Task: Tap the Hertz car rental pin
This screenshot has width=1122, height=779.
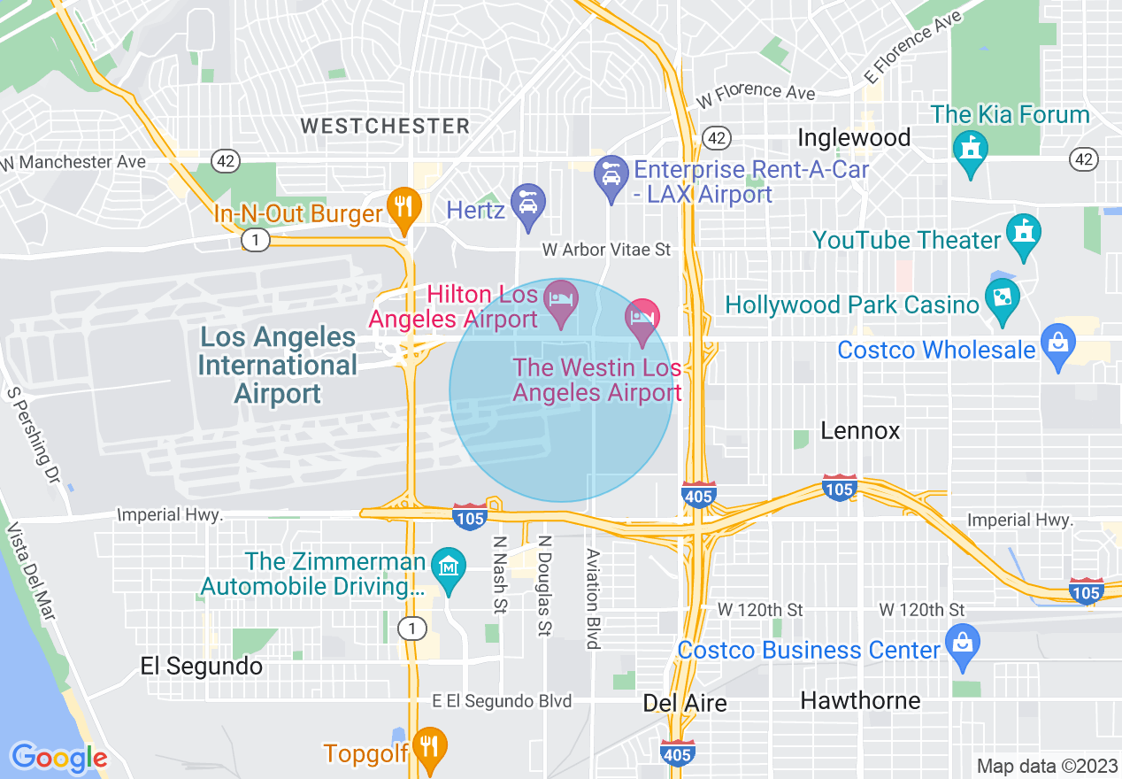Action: click(x=527, y=205)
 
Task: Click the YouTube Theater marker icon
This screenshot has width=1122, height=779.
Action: click(x=1024, y=235)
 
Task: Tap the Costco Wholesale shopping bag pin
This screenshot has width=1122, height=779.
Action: click(x=1057, y=344)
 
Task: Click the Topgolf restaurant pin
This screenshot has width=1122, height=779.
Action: click(x=429, y=747)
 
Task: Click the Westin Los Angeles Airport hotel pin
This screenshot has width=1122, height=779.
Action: click(x=642, y=319)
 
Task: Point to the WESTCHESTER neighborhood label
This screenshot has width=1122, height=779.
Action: click(x=385, y=126)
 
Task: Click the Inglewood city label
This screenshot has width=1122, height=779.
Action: click(x=854, y=138)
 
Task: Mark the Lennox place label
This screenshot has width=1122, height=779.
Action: click(x=860, y=431)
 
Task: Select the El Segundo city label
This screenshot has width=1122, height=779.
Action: click(x=202, y=667)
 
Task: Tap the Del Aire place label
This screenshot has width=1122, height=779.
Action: click(x=685, y=703)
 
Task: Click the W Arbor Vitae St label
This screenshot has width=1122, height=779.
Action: click(x=606, y=251)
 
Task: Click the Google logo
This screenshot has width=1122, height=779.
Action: click(x=58, y=758)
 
